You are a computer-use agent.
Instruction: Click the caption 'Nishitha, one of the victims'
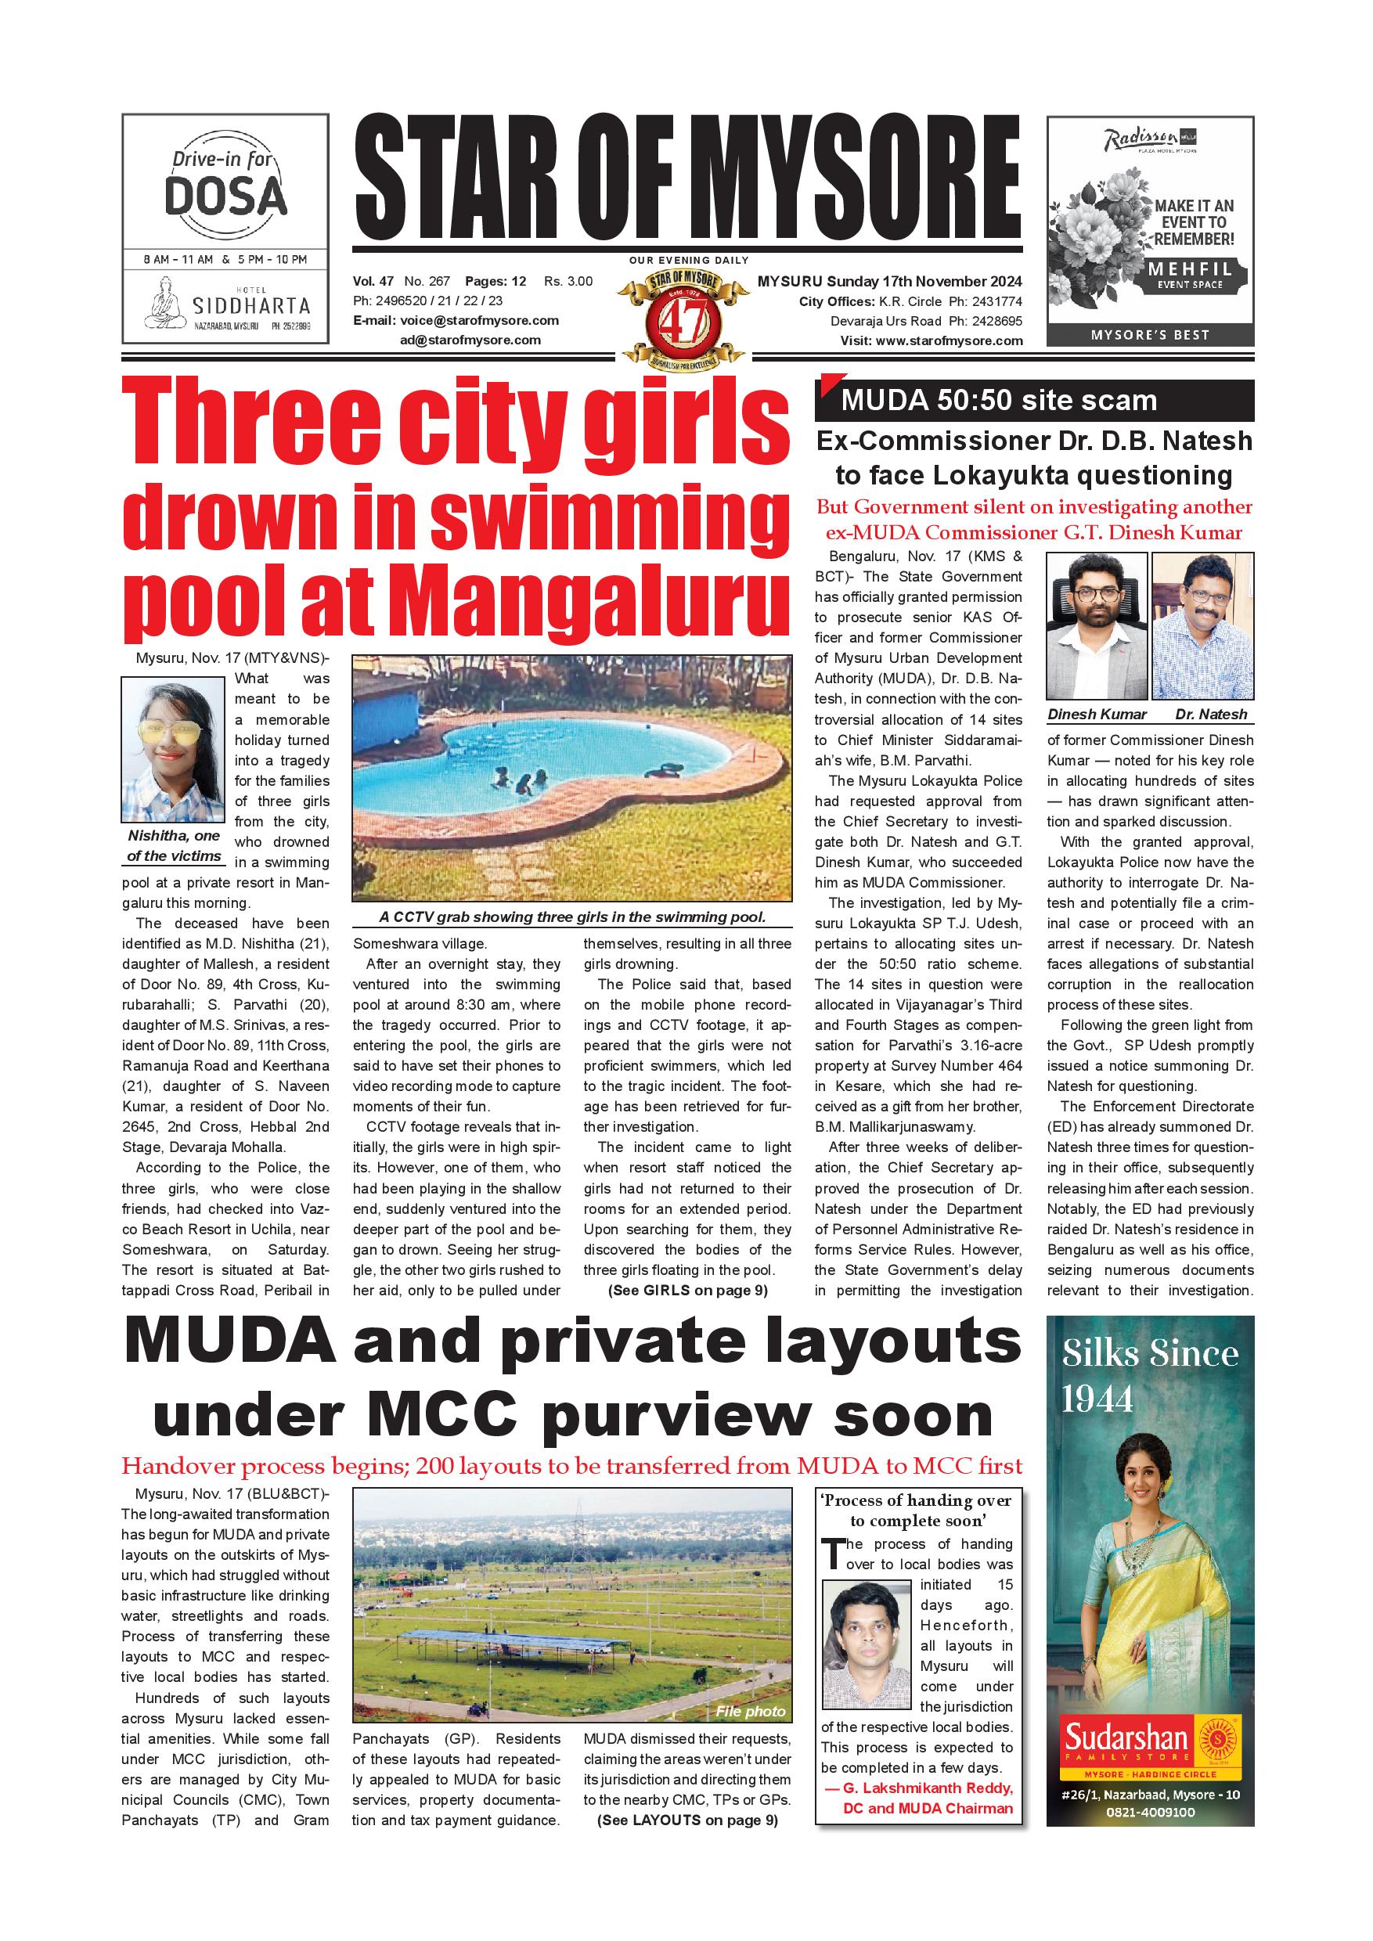pos(173,845)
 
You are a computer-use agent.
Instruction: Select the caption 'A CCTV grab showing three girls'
pos(571,917)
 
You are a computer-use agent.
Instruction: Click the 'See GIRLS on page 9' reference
pos(686,1290)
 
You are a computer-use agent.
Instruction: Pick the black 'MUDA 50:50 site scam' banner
pos(1033,401)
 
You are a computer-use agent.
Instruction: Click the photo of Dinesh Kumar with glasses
pos(1097,626)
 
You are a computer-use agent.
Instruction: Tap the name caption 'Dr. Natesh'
pos(1211,715)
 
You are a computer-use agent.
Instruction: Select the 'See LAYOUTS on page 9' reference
pos(686,1820)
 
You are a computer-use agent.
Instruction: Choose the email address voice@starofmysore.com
pos(479,320)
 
